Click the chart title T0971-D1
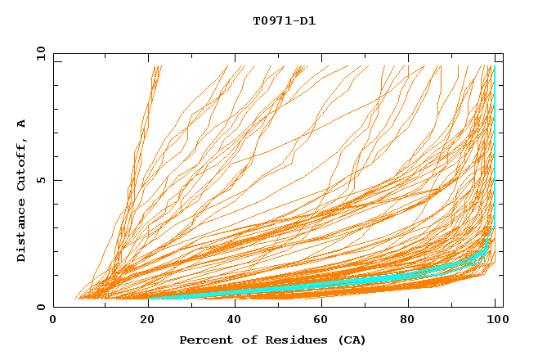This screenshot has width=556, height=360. point(284,20)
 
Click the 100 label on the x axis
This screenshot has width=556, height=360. point(496,320)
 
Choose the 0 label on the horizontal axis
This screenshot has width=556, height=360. point(54,320)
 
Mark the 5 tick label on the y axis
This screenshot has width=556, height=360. point(40,180)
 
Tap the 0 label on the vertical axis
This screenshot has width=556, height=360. point(40,307)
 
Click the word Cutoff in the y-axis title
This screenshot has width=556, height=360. point(21,166)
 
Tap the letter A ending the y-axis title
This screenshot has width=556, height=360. point(21,124)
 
